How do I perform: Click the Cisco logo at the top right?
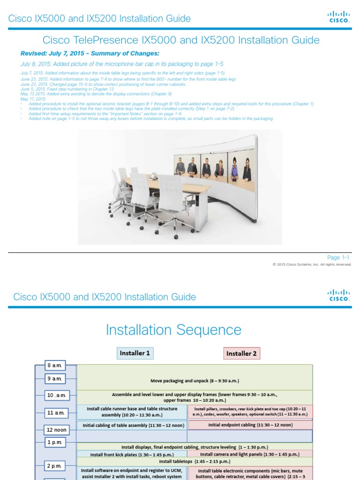click(x=338, y=17)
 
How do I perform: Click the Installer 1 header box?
click(x=135, y=353)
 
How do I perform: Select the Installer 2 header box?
click(x=241, y=353)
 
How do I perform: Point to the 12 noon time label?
click(x=56, y=429)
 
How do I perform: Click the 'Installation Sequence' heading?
click(x=173, y=330)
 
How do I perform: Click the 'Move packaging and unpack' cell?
click(x=194, y=381)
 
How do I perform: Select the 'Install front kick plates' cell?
click(x=132, y=454)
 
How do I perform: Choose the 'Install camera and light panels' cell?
click(x=250, y=454)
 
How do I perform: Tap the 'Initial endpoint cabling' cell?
click(x=250, y=425)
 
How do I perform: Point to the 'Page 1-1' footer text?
click(x=338, y=257)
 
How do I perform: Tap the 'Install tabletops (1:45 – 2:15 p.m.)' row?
click(x=194, y=461)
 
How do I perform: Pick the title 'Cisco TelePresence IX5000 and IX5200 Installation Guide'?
click(x=181, y=40)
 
